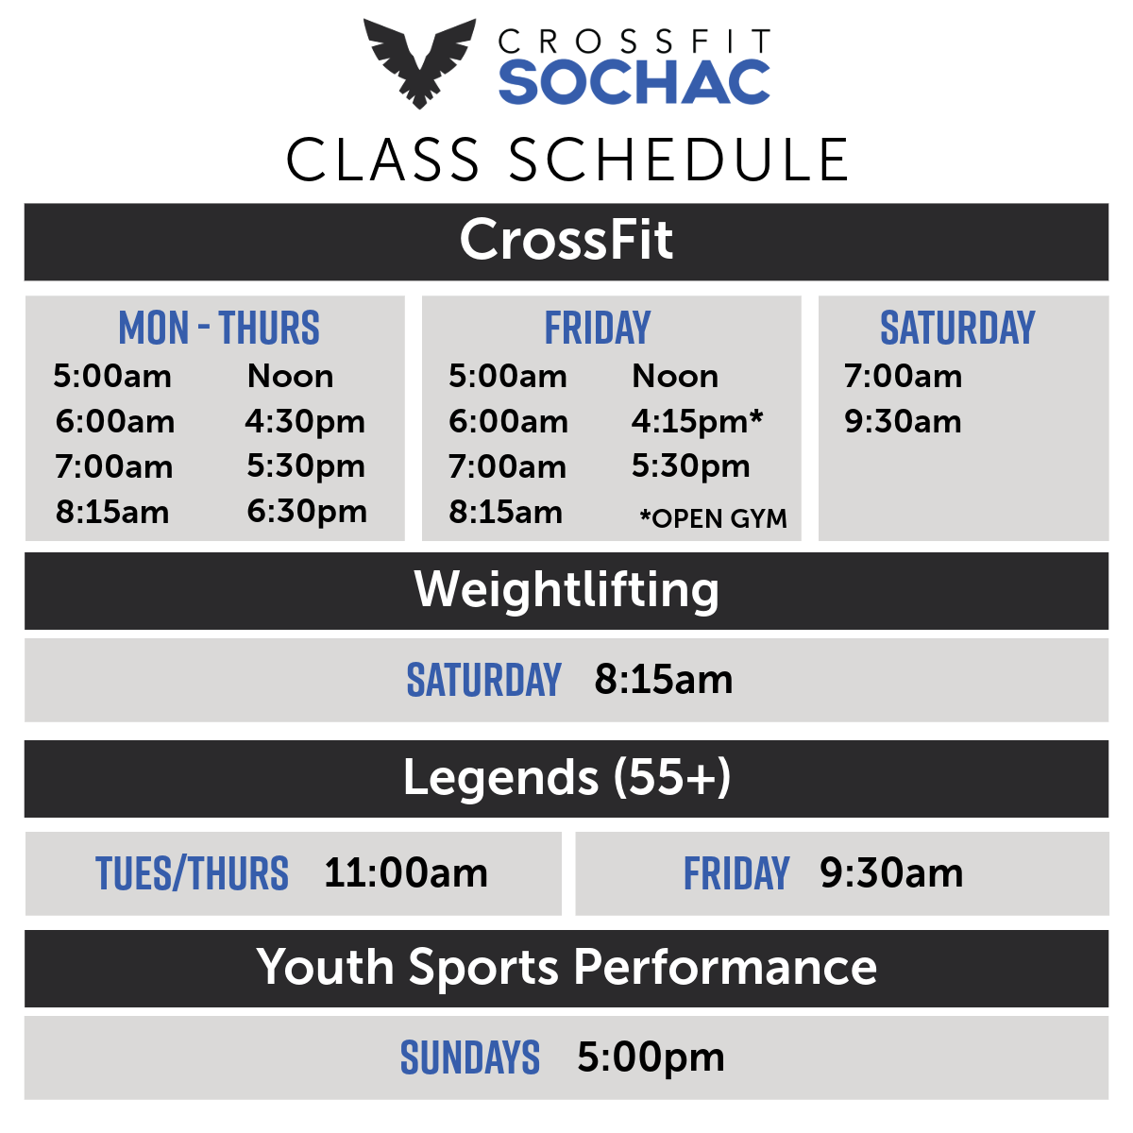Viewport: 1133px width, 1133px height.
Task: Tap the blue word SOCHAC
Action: (x=634, y=82)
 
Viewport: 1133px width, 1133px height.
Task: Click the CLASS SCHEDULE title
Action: (x=566, y=160)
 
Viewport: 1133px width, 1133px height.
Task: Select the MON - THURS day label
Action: (x=219, y=328)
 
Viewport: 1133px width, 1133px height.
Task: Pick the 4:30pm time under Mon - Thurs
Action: (x=305, y=422)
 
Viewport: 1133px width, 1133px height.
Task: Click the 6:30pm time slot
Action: (x=307, y=512)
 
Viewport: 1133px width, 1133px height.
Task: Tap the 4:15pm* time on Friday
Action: (x=698, y=421)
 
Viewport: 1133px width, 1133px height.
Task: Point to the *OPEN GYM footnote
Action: (x=713, y=518)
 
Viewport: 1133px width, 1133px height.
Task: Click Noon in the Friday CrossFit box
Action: (x=675, y=377)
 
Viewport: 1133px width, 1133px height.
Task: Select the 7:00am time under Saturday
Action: (x=904, y=377)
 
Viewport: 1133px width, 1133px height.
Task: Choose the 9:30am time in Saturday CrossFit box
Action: (x=904, y=421)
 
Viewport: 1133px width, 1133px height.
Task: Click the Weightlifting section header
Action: (x=566, y=590)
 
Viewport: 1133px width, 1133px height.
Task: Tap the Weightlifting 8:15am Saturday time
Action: (x=664, y=680)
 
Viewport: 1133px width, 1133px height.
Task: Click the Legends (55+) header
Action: (x=566, y=778)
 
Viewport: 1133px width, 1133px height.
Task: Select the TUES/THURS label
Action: (x=193, y=873)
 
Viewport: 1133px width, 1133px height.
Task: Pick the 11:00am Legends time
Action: (x=406, y=872)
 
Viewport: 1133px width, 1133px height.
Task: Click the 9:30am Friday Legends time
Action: (x=891, y=872)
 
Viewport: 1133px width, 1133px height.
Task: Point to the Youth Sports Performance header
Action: (x=566, y=968)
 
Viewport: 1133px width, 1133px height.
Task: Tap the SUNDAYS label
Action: (x=470, y=1057)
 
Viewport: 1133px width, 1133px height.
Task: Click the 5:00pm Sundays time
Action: (x=651, y=1057)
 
